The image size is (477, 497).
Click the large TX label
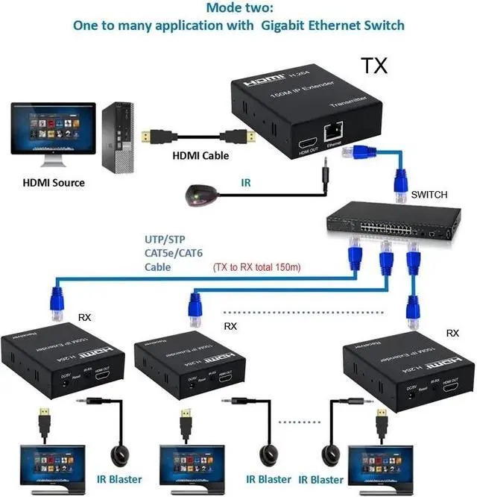click(x=374, y=65)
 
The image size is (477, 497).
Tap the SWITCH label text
click(x=429, y=195)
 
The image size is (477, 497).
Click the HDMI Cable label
click(x=200, y=156)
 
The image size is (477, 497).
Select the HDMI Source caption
click(x=53, y=183)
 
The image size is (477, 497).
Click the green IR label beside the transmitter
click(x=245, y=182)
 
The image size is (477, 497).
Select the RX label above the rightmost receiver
click(x=452, y=334)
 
